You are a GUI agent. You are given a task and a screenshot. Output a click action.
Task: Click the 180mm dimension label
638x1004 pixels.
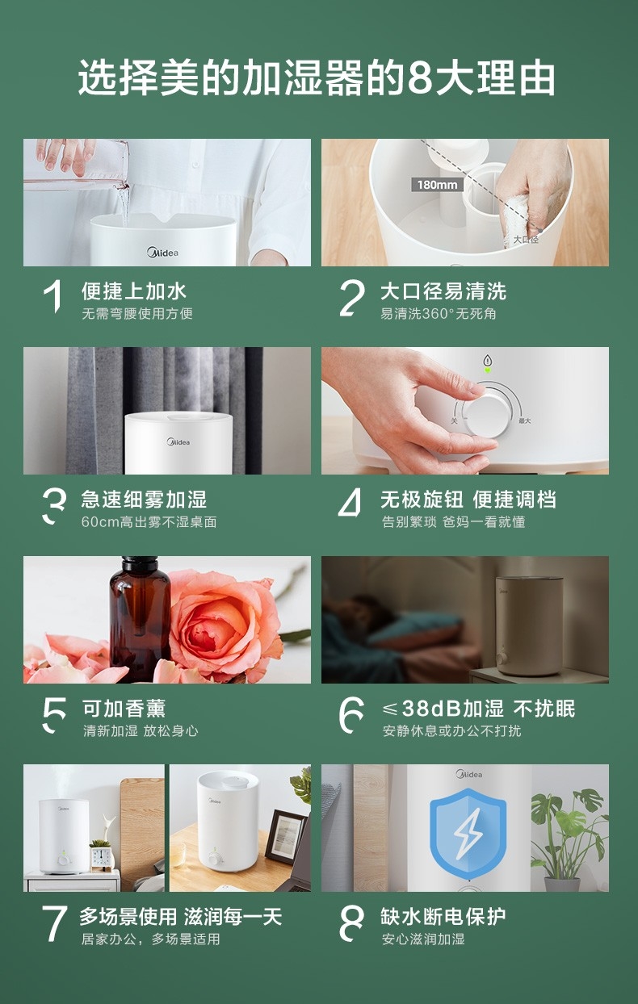pyautogui.click(x=437, y=185)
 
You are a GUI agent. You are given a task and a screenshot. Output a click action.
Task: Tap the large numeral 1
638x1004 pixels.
pyautogui.click(x=53, y=296)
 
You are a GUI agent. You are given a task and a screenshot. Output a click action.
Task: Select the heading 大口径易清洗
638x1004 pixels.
pyautogui.click(x=443, y=291)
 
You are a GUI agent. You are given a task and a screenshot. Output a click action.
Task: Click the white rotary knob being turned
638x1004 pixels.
pyautogui.click(x=486, y=415)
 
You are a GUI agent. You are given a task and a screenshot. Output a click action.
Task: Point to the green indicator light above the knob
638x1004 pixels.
pyautogui.click(x=488, y=370)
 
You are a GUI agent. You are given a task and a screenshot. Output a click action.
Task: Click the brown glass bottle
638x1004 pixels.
pyautogui.click(x=139, y=620)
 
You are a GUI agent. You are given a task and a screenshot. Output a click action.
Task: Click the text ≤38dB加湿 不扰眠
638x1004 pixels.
pyautogui.click(x=478, y=709)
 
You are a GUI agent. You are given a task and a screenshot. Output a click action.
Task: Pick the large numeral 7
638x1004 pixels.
pyautogui.click(x=54, y=922)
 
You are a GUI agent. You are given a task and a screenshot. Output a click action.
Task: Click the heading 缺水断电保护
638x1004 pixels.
pyautogui.click(x=443, y=916)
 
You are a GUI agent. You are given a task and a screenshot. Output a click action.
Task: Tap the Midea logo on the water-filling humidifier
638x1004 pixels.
pyautogui.click(x=163, y=253)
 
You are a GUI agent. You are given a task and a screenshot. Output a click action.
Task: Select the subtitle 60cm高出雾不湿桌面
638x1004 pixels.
pyautogui.click(x=149, y=522)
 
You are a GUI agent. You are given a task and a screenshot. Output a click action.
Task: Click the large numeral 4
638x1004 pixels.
pyautogui.click(x=350, y=503)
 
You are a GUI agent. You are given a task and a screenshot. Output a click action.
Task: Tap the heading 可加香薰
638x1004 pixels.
pyautogui.click(x=124, y=709)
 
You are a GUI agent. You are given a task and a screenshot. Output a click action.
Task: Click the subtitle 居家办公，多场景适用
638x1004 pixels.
pyautogui.click(x=151, y=939)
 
